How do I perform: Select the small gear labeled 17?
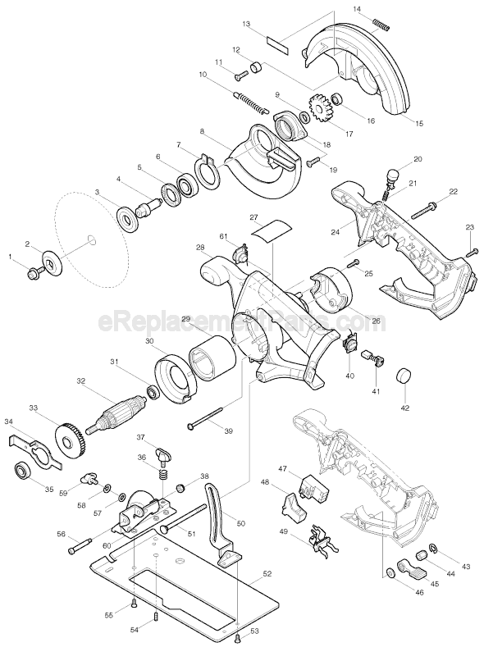click(x=319, y=107)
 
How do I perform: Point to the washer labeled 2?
click(x=53, y=264)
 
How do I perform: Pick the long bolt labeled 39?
click(x=207, y=420)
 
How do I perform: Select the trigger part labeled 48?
click(x=293, y=504)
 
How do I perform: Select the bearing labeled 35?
click(x=24, y=472)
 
